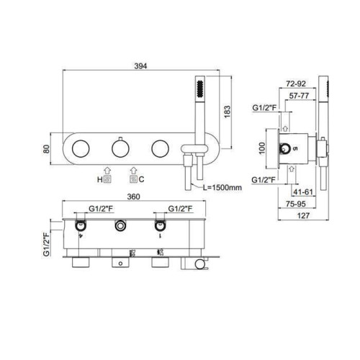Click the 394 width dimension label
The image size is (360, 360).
140,66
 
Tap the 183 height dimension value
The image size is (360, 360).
227,112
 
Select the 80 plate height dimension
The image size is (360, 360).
47,149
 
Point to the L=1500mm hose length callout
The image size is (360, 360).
222,187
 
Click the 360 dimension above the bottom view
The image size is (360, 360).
133,197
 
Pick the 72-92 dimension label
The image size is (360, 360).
296,84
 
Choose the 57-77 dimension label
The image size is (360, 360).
299,96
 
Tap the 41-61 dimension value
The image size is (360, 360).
303,192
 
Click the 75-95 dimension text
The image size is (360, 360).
296,204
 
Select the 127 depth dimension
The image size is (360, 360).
303,215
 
